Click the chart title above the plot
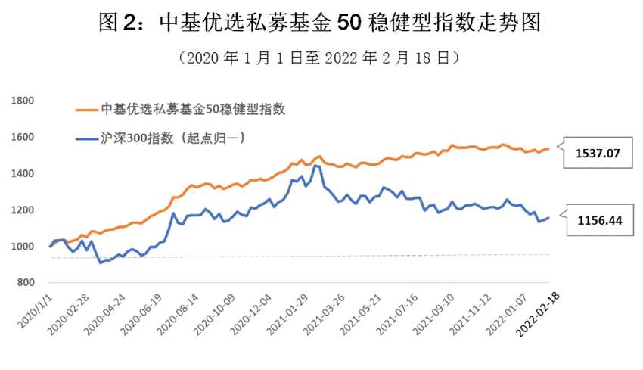[x=321, y=23]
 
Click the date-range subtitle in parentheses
[x=321, y=57]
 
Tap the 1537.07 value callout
[x=597, y=153]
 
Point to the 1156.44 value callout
[x=597, y=220]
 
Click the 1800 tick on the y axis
[x=22, y=100]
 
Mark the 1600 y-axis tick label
[x=22, y=137]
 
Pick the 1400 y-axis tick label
[x=22, y=173]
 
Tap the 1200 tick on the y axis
[x=22, y=210]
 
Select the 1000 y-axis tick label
[x=22, y=247]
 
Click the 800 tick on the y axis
[x=25, y=283]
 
